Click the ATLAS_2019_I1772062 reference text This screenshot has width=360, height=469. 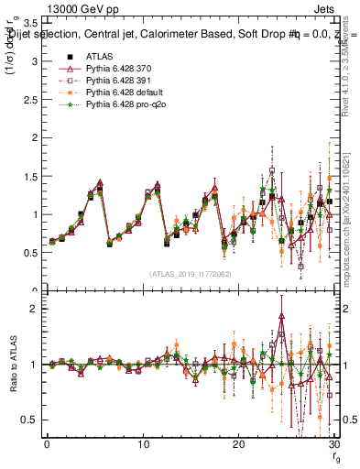click(190, 273)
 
